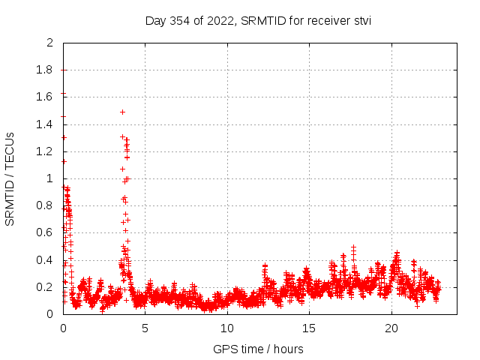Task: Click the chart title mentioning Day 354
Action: pos(258,20)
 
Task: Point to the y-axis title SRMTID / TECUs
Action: pos(10,178)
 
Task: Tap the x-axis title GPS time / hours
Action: pos(258,349)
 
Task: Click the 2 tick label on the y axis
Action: pos(49,43)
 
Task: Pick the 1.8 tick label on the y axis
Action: pos(46,70)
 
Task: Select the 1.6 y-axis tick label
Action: pos(46,97)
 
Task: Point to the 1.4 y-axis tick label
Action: pos(46,124)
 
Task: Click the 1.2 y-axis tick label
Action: pos(46,151)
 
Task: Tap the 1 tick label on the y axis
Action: pos(49,178)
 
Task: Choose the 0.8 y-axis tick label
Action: pos(46,205)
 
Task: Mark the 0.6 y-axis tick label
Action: pos(46,233)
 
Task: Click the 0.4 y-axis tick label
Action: pos(46,260)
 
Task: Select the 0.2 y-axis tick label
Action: pos(46,287)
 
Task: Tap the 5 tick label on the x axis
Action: pos(145,328)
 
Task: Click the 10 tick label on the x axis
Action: pos(227,328)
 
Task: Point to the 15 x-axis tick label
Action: pos(309,328)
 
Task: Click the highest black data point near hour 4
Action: pos(122,112)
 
